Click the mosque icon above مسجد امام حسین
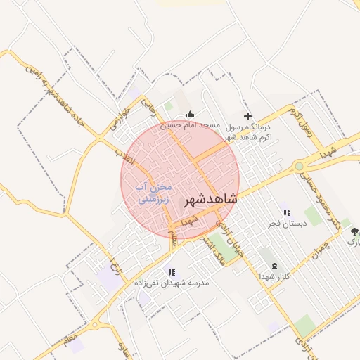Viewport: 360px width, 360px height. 188,115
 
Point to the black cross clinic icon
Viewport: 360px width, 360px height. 247,116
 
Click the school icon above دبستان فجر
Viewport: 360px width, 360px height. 285,212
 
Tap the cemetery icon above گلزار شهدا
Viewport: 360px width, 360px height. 274,266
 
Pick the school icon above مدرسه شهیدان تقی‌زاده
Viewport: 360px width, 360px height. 171,271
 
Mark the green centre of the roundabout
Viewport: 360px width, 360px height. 299,167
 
